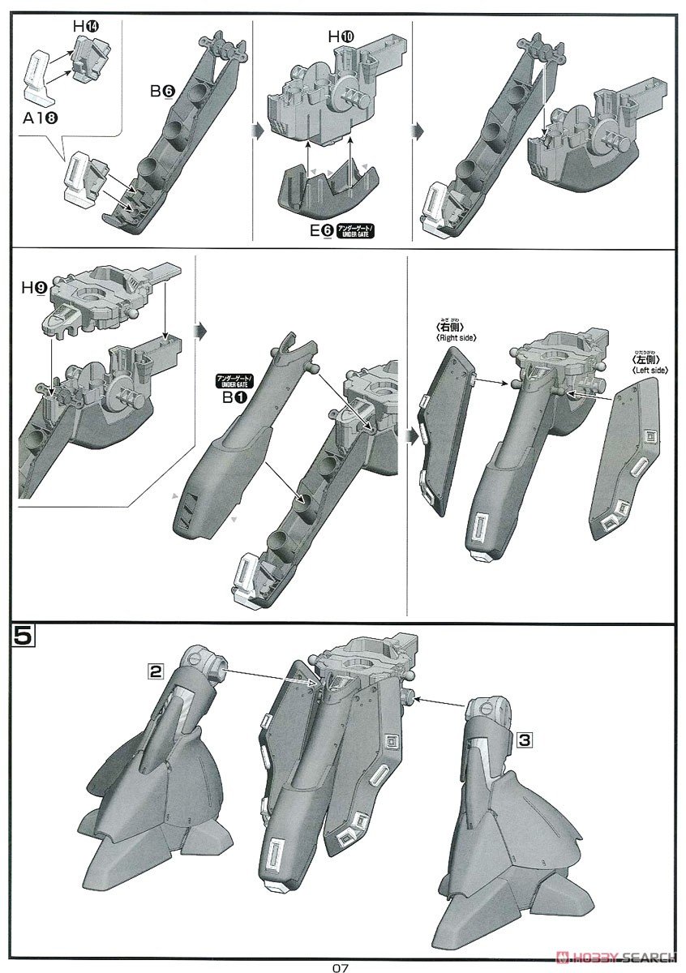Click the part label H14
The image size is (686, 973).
84,26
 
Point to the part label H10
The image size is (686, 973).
340,37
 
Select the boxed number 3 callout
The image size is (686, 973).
525,739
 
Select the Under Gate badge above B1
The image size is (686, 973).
232,379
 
